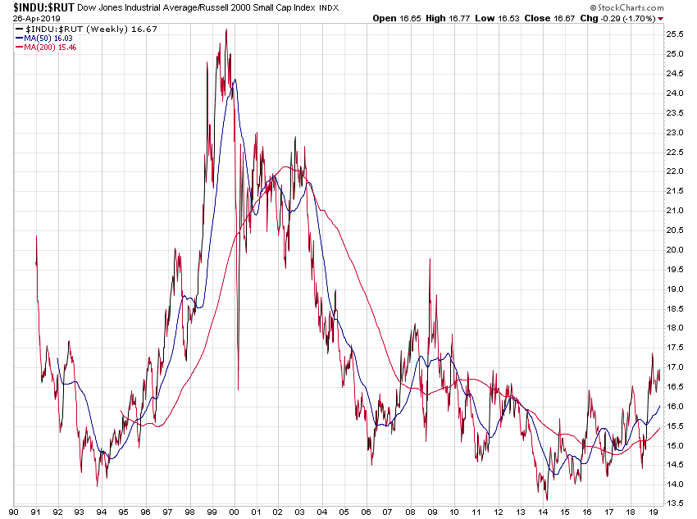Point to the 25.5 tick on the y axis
pyautogui.click(x=676, y=34)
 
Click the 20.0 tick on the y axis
pyautogui.click(x=676, y=250)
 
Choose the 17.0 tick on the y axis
pyautogui.click(x=676, y=367)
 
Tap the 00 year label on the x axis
pyautogui.click(x=235, y=511)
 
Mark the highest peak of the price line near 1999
pyautogui.click(x=225, y=30)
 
